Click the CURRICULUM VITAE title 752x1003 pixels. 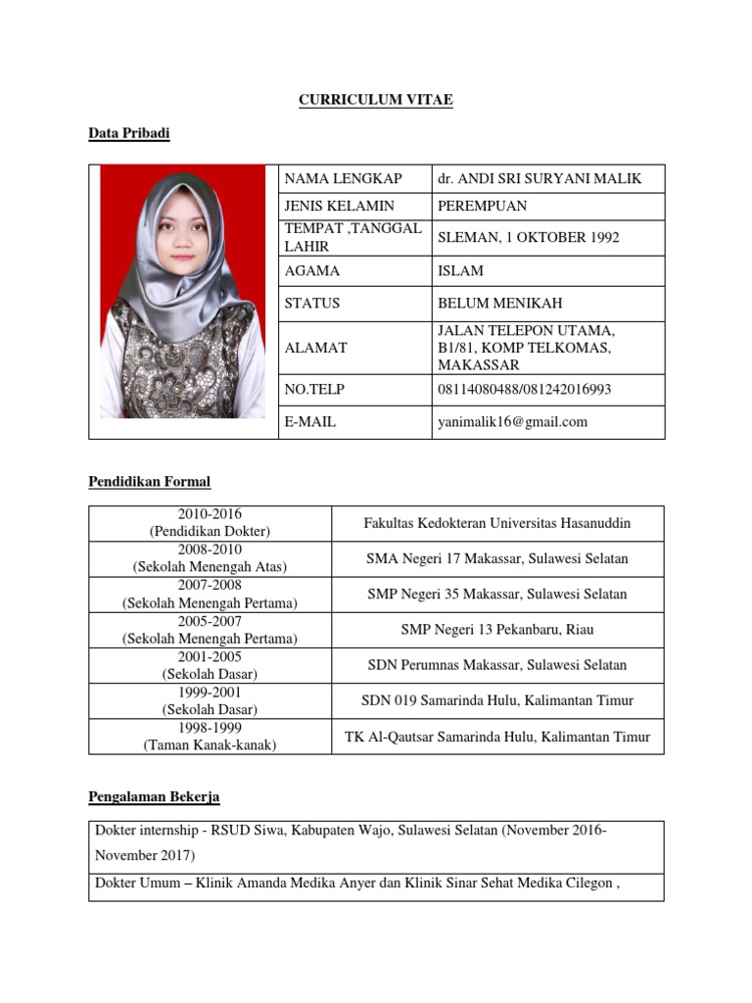click(376, 100)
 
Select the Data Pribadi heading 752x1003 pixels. click(128, 133)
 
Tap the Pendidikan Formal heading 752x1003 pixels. click(150, 482)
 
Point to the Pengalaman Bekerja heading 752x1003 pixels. click(161, 797)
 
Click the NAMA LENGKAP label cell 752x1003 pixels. click(343, 178)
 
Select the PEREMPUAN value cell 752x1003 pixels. click(482, 206)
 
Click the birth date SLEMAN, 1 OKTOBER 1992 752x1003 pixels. click(528, 238)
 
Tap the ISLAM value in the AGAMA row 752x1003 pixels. click(460, 270)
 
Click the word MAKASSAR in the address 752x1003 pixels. click(479, 364)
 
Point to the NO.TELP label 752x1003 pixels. click(314, 389)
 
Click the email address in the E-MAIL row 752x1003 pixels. click(512, 422)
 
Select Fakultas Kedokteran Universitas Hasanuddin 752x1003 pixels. click(497, 523)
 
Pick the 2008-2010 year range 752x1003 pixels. click(210, 549)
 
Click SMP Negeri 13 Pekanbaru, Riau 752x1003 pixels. click(497, 629)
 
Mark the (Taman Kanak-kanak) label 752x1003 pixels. click(210, 745)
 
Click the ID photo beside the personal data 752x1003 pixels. click(183, 291)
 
